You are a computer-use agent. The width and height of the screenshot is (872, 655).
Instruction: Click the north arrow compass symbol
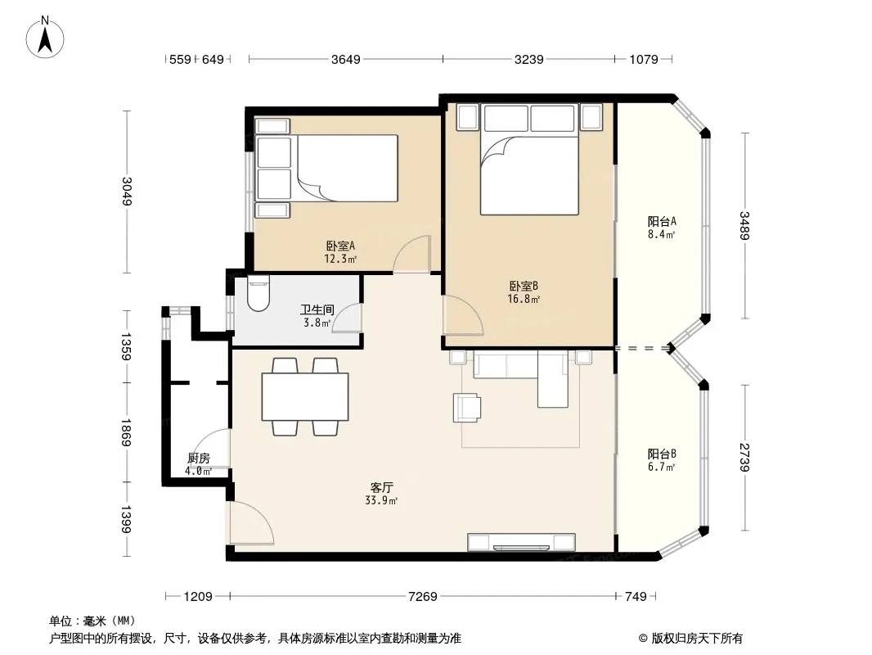coord(45,38)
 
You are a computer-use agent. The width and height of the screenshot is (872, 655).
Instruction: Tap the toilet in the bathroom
coord(258,293)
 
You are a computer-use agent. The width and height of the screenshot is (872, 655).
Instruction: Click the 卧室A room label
coord(340,246)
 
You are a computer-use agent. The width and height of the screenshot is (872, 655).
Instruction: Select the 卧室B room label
coord(524,286)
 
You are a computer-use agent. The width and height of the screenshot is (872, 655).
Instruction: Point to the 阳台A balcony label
coord(662,221)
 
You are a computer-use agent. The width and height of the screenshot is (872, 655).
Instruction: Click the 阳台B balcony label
coord(662,454)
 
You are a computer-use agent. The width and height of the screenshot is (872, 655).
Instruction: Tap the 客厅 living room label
coord(381,487)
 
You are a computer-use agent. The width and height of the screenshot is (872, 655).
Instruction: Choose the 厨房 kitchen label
coord(199,458)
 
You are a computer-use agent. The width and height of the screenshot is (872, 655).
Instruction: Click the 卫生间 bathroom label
coord(317,309)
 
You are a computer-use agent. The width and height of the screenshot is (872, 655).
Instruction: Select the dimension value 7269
coord(423,597)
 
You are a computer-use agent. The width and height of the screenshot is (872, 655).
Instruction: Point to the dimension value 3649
coord(346,59)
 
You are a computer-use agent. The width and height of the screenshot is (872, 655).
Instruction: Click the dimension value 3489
coord(744,225)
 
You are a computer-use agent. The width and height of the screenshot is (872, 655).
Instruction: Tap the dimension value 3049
coord(127,191)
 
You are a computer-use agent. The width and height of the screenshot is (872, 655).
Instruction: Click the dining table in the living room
coord(305,396)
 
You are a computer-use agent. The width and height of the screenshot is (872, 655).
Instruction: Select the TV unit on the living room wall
coord(521,541)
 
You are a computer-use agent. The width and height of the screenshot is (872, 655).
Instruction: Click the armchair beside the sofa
coord(466,408)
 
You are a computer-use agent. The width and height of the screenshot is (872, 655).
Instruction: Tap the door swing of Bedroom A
coord(412,254)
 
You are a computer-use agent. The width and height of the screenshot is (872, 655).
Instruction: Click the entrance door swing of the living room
coord(251,522)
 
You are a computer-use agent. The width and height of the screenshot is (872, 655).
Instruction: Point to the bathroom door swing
coord(347,318)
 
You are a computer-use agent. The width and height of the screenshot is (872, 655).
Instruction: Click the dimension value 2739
coord(744,457)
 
